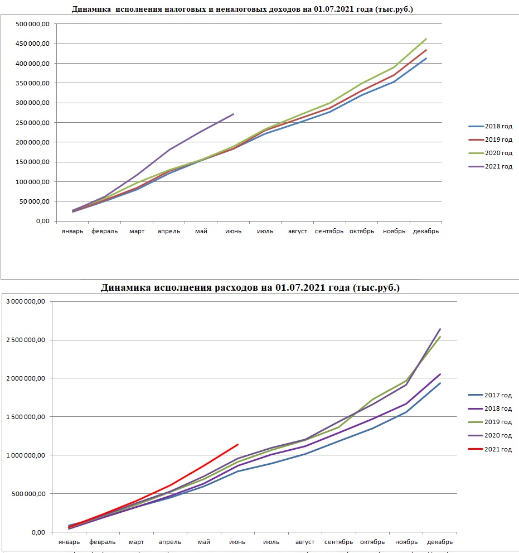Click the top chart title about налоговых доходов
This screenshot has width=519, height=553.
click(x=242, y=9)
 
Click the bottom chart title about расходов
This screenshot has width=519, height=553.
click(x=250, y=287)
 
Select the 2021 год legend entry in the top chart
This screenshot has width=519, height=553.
click(x=491, y=166)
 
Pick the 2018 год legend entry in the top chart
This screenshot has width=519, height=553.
click(x=491, y=126)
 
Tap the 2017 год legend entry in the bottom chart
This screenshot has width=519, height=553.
click(x=490, y=395)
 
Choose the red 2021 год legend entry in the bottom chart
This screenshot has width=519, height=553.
click(x=490, y=449)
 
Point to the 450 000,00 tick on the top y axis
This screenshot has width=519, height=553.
click(x=32, y=44)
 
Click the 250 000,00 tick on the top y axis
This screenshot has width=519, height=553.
click(x=32, y=123)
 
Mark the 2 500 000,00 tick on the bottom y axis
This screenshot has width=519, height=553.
click(x=26, y=340)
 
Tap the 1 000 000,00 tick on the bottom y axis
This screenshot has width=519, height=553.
click(x=26, y=455)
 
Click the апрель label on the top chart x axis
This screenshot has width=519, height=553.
click(x=169, y=232)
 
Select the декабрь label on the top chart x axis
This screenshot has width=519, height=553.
click(x=426, y=232)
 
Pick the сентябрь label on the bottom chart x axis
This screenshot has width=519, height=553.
click(x=338, y=542)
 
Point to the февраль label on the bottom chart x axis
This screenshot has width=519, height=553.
click(x=102, y=542)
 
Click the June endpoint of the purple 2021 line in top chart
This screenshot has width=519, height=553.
click(x=233, y=114)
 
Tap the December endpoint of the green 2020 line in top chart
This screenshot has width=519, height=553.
click(x=426, y=39)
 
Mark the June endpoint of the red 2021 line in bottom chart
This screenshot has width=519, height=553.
click(x=238, y=444)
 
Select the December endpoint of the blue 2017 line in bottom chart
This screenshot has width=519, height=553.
click(x=440, y=383)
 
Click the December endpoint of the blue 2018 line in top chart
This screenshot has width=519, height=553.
click(x=426, y=59)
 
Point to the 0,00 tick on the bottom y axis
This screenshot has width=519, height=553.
click(x=38, y=532)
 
